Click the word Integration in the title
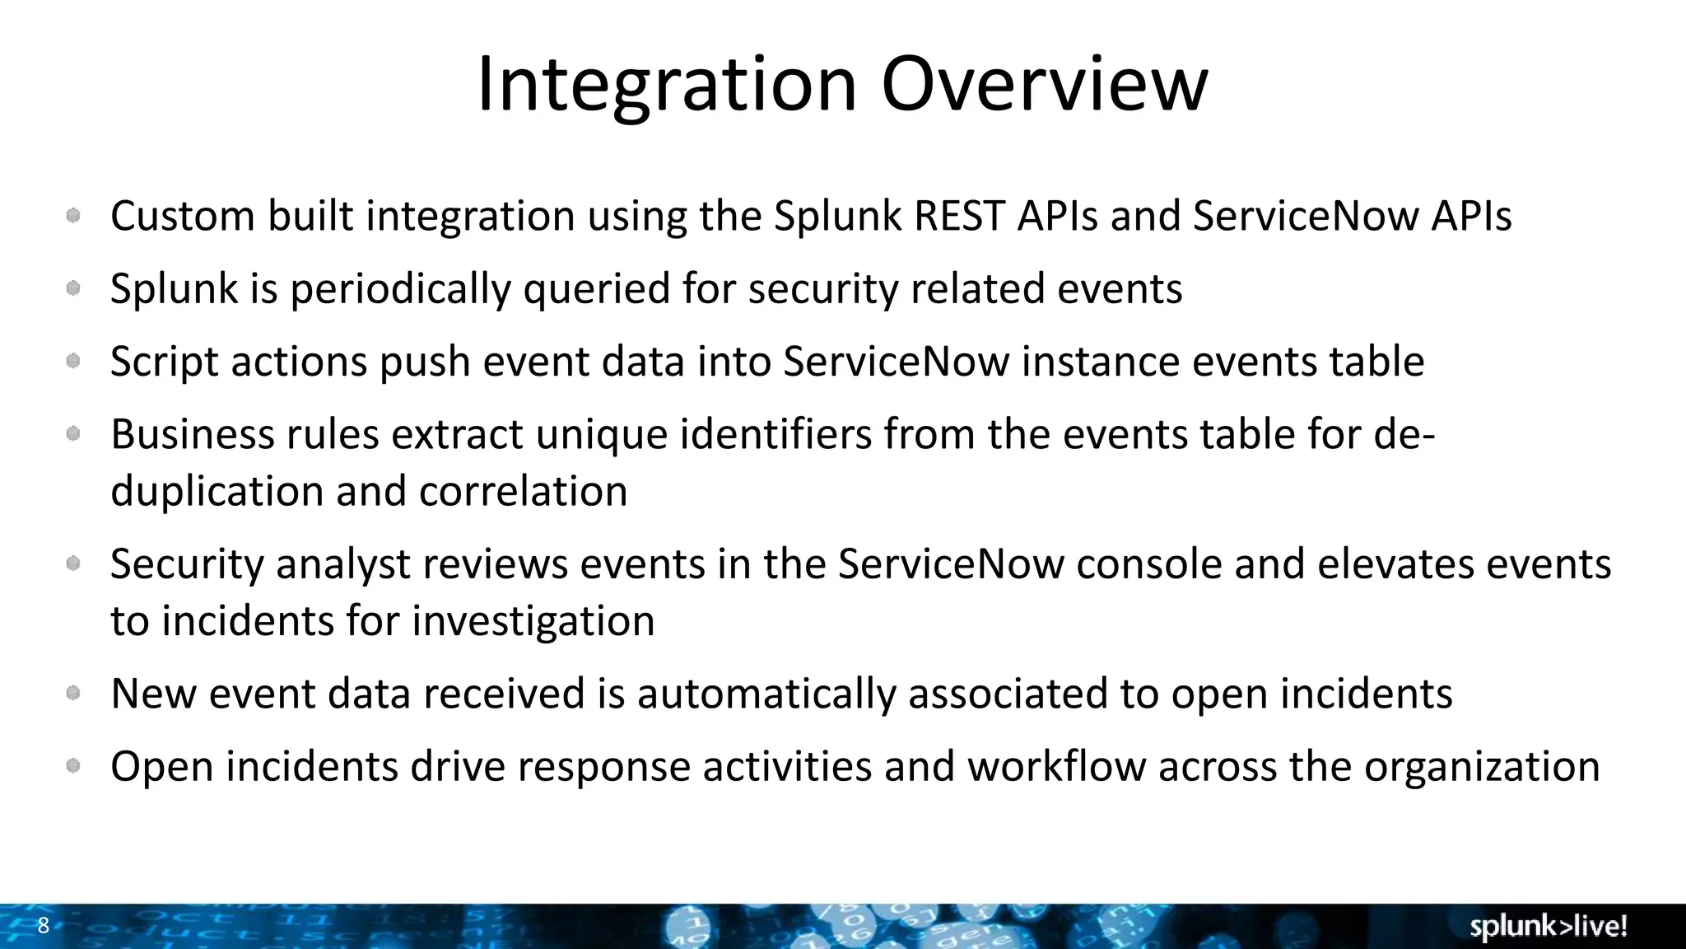coord(667,85)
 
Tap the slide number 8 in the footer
coord(44,925)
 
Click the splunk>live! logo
coord(1548,926)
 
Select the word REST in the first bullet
coord(959,216)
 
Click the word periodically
coord(400,289)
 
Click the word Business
coord(192,434)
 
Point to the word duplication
coord(217,492)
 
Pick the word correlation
coord(523,492)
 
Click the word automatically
coord(766,694)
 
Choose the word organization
coord(1482,767)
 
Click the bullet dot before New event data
coord(73,693)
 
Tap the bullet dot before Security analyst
coord(73,563)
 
